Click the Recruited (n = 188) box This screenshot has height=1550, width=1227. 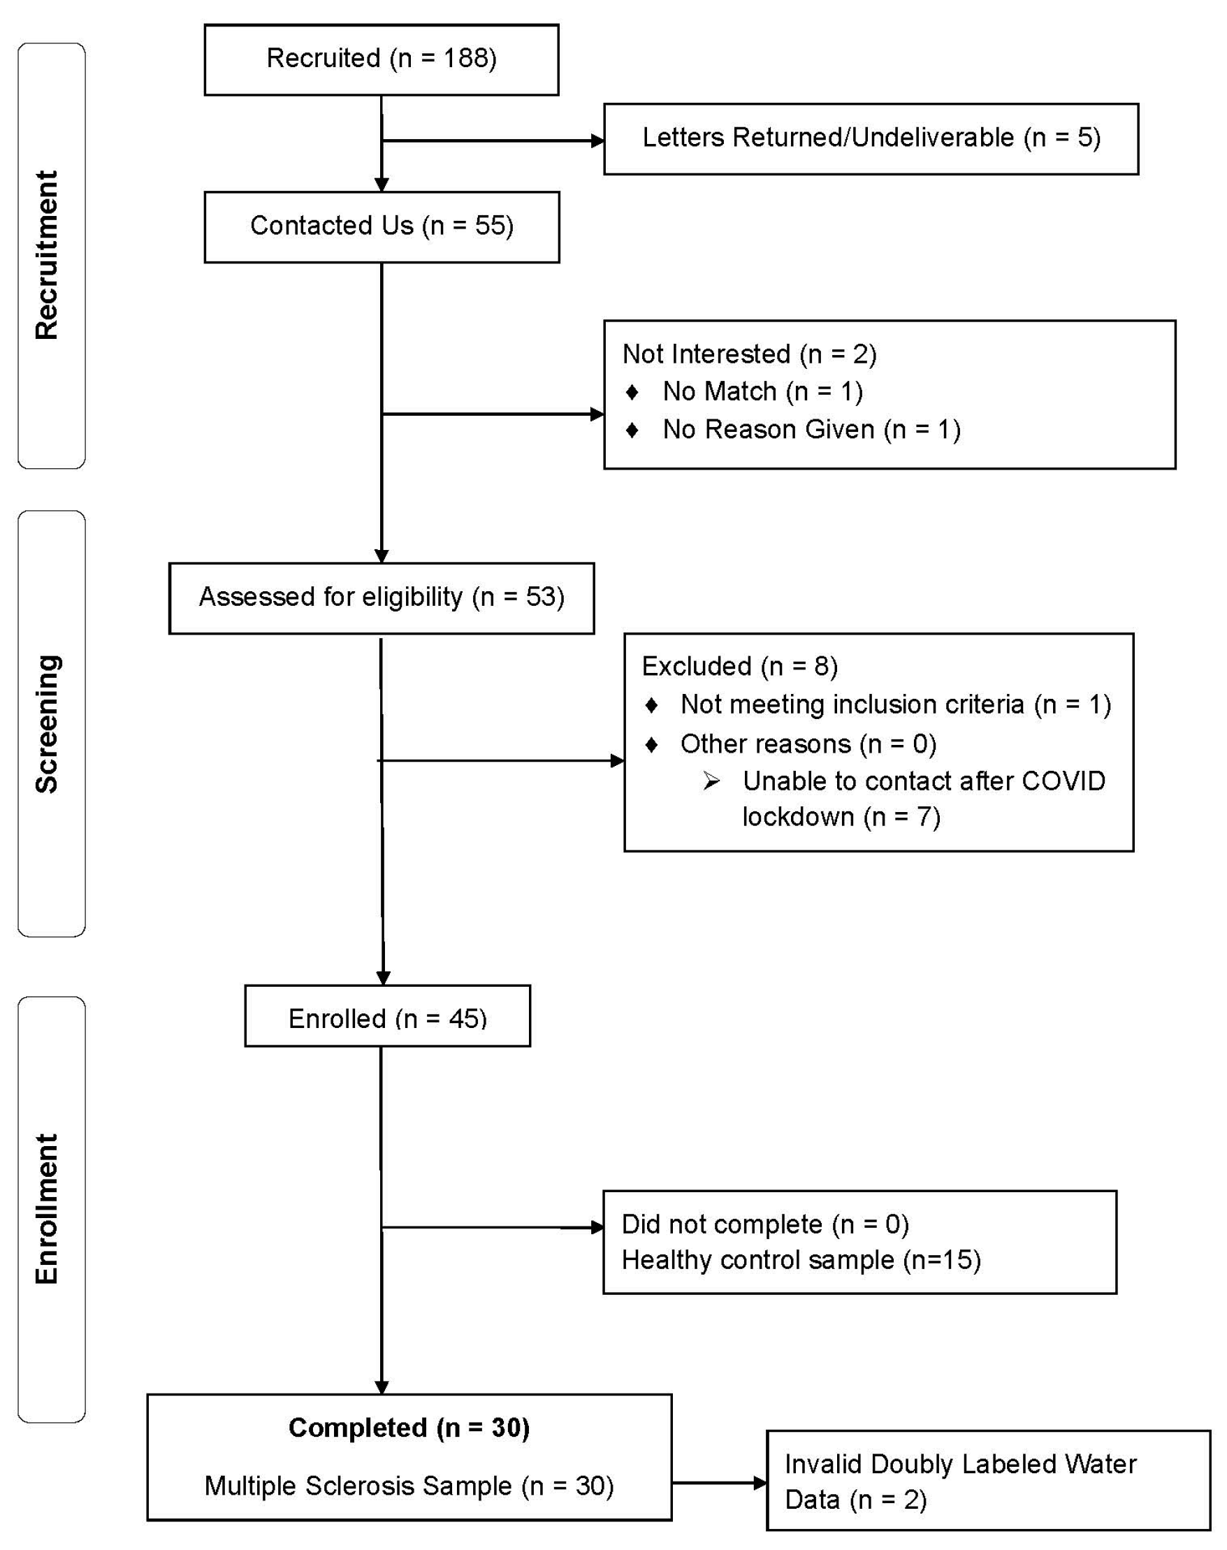(x=382, y=59)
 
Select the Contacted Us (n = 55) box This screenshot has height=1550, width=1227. (x=382, y=226)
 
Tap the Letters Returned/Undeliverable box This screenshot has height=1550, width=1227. (x=871, y=138)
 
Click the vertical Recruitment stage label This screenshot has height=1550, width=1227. (x=48, y=255)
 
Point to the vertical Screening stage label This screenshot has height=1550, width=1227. (x=48, y=723)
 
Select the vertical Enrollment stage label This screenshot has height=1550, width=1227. (x=48, y=1209)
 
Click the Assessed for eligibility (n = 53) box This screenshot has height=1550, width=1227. (x=382, y=597)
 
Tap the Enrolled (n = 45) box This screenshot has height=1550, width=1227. (x=387, y=1017)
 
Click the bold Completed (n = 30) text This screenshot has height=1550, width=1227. (x=409, y=1427)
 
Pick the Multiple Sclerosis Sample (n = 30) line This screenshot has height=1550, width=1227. (x=409, y=1485)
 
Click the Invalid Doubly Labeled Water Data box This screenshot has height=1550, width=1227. (x=988, y=1481)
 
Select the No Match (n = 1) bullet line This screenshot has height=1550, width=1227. (x=762, y=391)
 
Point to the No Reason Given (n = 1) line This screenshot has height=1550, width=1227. (x=811, y=430)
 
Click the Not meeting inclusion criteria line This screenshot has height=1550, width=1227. (x=895, y=704)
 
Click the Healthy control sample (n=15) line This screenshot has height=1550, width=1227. (x=800, y=1260)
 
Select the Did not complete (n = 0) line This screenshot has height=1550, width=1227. (x=764, y=1224)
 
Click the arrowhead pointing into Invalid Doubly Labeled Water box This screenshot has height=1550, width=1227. (x=760, y=1482)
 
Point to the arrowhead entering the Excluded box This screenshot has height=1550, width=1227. (x=617, y=760)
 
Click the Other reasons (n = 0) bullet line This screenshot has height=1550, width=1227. (x=808, y=744)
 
